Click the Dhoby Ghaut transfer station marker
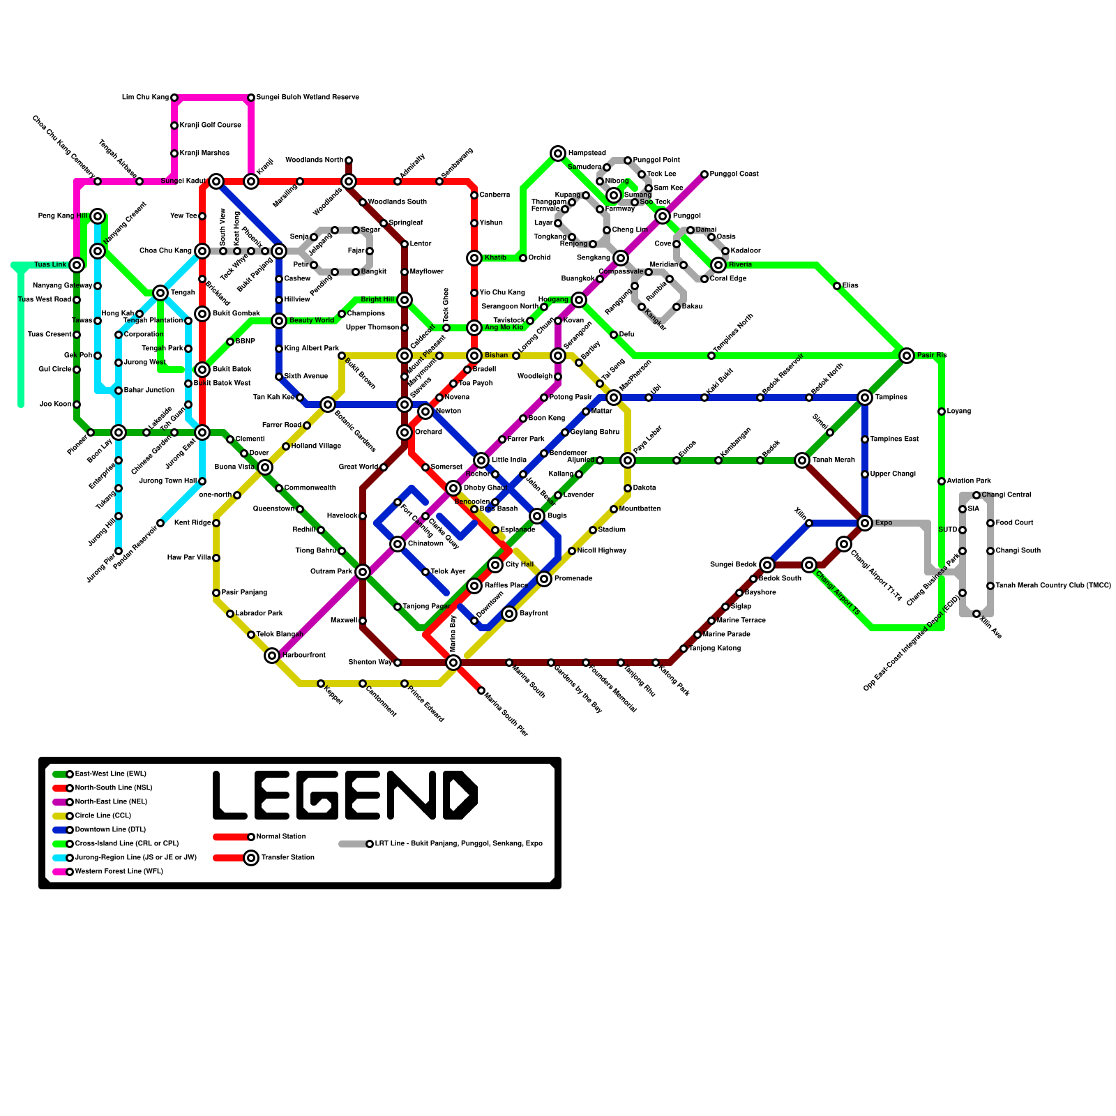pos(453,488)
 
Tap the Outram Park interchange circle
pos(363,572)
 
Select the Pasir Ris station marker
pos(907,356)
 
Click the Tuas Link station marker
pos(77,265)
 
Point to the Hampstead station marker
pos(558,153)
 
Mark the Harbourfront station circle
pos(272,656)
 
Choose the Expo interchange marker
pos(865,523)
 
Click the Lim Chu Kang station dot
pos(174,98)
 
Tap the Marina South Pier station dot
pos(481,691)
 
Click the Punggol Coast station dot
pos(704,174)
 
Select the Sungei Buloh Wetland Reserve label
pos(308,98)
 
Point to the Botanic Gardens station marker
pos(328,405)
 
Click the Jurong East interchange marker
pos(202,432)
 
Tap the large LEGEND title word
pos(345,795)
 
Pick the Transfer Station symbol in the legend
pos(251,858)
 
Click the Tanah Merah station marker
pos(802,460)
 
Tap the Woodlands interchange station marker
pos(349,181)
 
